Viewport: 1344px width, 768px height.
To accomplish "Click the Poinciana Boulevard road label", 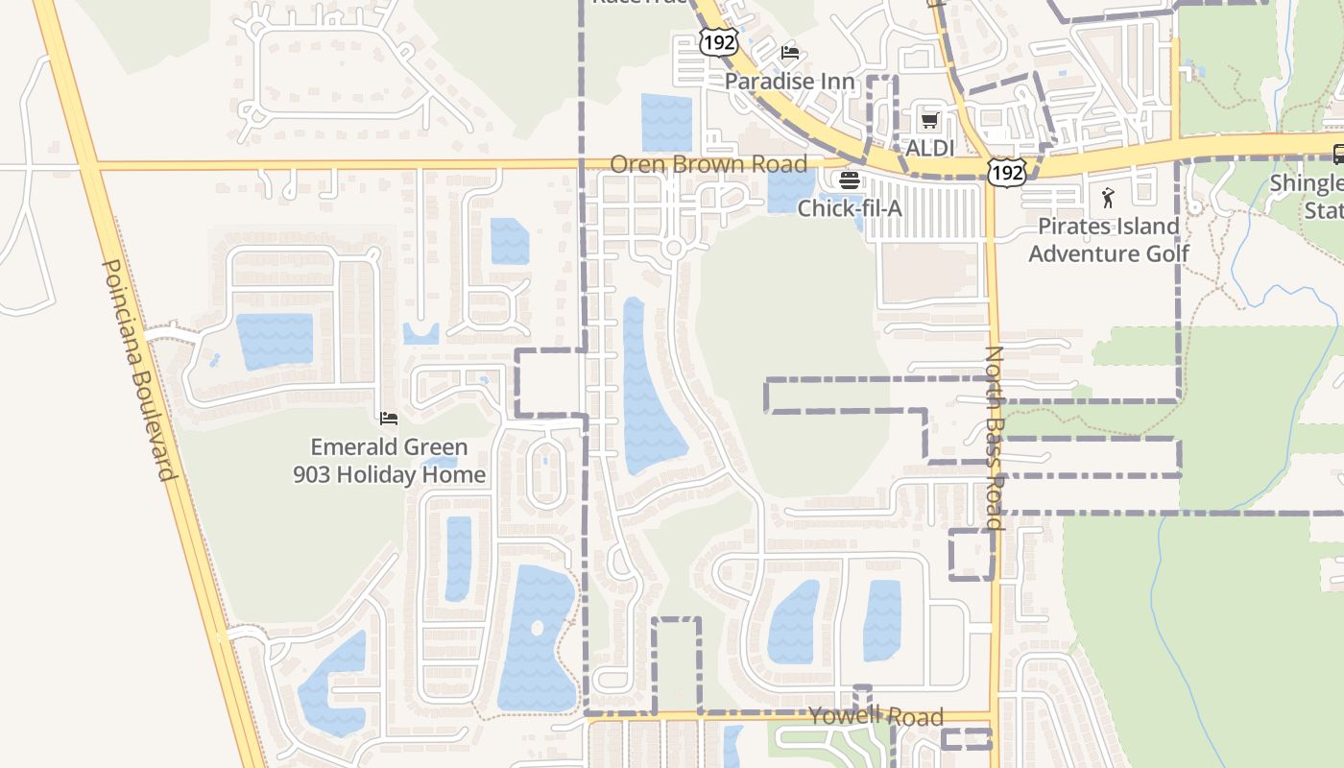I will coord(140,370).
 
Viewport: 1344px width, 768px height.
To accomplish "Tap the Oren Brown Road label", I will coord(708,164).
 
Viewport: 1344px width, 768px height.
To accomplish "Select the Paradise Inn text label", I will coord(789,82).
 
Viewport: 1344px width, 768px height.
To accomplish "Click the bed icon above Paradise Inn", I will coord(790,52).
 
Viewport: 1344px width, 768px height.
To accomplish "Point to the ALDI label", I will coord(930,149).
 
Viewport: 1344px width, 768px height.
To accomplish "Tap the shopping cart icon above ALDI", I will coord(929,121).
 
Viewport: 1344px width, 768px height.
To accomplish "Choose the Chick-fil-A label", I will coord(850,206).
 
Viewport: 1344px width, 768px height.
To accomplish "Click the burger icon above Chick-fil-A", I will coord(850,180).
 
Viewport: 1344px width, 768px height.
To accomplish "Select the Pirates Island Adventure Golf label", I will coord(1109,240).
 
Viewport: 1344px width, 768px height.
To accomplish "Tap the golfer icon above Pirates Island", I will coord(1109,199).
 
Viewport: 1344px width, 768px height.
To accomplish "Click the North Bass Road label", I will coord(994,438).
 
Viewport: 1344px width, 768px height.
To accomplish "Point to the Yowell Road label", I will coord(876,716).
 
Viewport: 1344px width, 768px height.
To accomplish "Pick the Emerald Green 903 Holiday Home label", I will coord(389,461).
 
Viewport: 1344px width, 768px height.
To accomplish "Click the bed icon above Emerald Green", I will coord(389,418).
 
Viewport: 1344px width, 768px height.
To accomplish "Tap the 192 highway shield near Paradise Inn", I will coord(717,41).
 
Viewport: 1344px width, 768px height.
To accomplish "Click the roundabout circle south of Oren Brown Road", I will coord(673,249).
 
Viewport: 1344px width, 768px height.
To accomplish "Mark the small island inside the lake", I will coord(536,629).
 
